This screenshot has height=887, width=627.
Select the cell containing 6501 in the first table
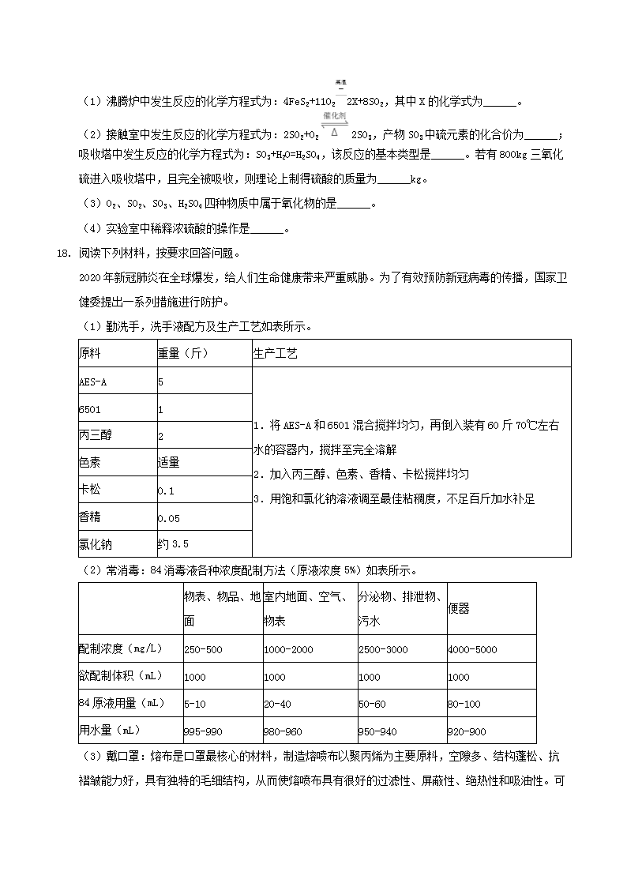[90, 409]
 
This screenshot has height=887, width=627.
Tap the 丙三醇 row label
[92, 436]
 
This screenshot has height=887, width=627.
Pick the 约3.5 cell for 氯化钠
[173, 544]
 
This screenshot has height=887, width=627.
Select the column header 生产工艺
[276, 354]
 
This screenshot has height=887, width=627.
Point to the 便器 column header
[458, 608]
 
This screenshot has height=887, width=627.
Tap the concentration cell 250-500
[203, 649]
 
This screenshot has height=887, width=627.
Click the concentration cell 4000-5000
[472, 649]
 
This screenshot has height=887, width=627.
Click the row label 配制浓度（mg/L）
[120, 649]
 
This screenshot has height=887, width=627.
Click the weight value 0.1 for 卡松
[166, 490]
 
